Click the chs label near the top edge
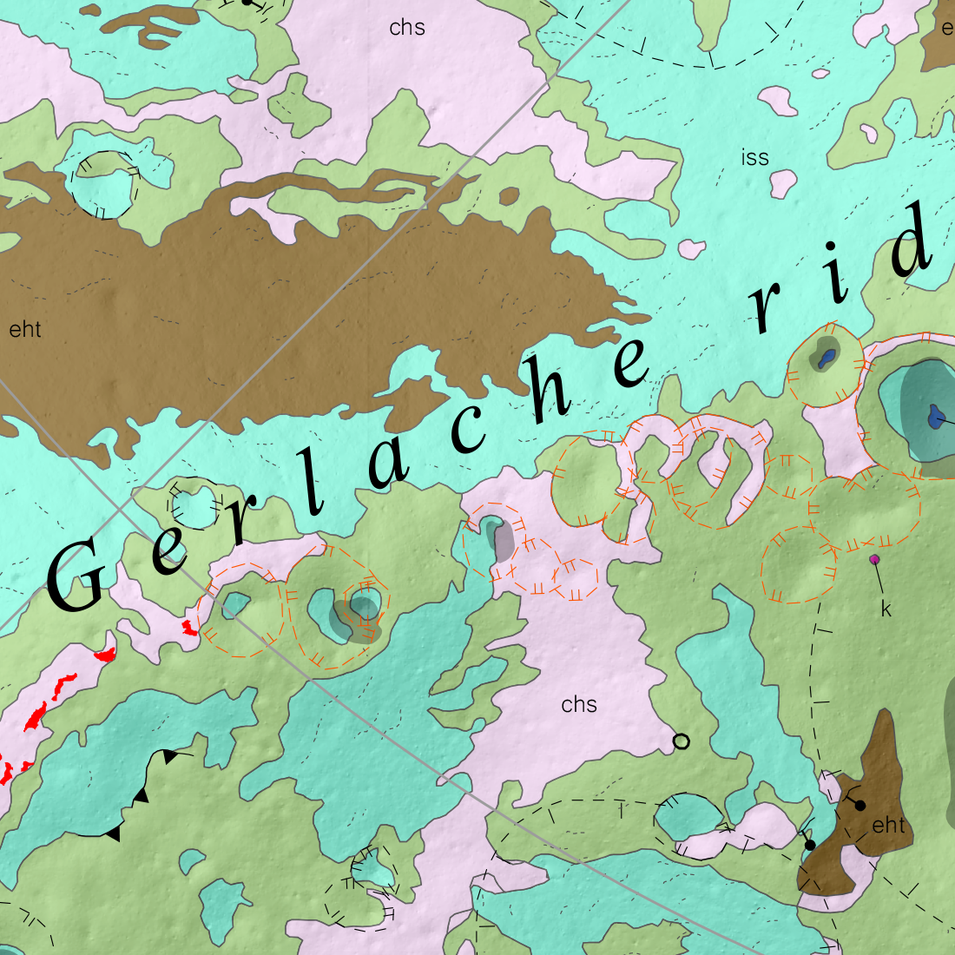click(407, 28)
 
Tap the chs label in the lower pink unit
click(579, 704)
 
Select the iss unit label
click(755, 157)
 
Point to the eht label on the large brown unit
click(25, 329)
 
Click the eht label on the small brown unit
click(888, 825)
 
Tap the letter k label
click(886, 609)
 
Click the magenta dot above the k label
click(874, 559)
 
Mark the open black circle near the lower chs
click(682, 741)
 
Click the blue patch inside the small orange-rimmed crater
click(827, 357)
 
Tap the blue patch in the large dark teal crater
click(935, 418)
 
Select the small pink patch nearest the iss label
click(783, 182)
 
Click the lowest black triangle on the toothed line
click(112, 834)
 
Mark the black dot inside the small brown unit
click(859, 805)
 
